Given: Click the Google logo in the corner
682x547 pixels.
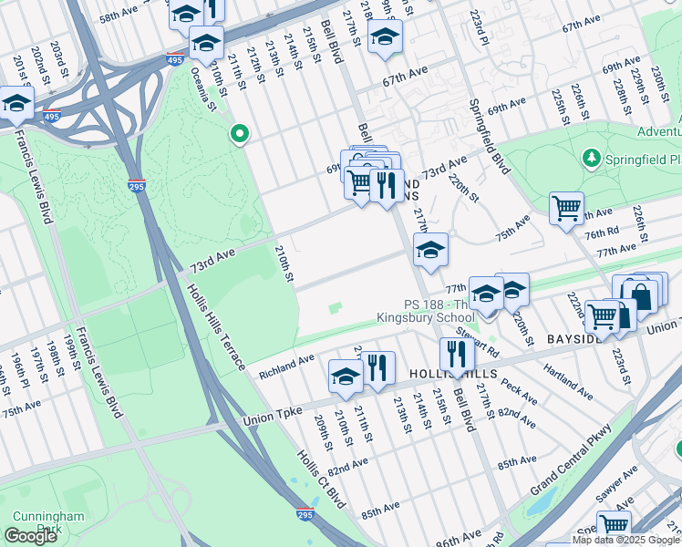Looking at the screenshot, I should click(x=31, y=536).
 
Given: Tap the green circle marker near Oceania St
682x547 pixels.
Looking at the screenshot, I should click(x=240, y=135).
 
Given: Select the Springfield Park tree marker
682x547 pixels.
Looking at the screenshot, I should click(x=592, y=159).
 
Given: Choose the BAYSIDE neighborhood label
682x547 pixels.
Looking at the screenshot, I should click(x=572, y=339).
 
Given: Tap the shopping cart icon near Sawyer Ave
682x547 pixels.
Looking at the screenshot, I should click(x=615, y=526).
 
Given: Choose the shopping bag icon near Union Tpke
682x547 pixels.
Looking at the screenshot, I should click(x=642, y=295).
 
